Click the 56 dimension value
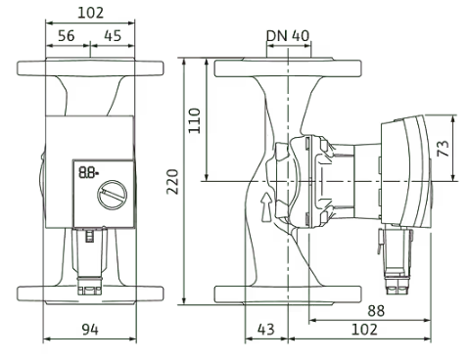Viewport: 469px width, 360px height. tap(67, 35)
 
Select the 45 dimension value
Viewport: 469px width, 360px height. tap(113, 35)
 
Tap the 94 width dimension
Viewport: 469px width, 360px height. tap(90, 330)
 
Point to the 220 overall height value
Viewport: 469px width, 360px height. tap(172, 182)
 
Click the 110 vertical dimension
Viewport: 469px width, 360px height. tap(195, 120)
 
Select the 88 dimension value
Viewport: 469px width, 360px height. tap(376, 311)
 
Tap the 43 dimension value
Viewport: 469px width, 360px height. tap(266, 330)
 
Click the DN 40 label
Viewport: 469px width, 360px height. tap(288, 35)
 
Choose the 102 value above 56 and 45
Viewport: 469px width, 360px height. tap(90, 13)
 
